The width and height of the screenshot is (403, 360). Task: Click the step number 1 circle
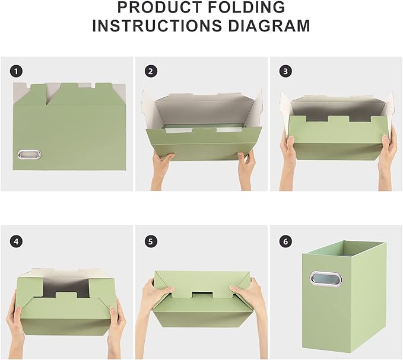click(17, 71)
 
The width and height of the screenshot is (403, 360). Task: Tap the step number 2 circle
click(151, 71)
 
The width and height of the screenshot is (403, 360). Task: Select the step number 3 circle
click(285, 71)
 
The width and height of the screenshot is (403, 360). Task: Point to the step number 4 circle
click(17, 241)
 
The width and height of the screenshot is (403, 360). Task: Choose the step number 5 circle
click(151, 241)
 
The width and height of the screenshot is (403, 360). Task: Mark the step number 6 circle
click(285, 241)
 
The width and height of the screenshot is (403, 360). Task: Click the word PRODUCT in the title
click(160, 7)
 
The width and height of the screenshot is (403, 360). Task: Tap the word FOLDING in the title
click(246, 7)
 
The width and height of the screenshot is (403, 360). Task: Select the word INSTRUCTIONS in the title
click(157, 26)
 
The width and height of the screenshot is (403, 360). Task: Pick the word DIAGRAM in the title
click(269, 26)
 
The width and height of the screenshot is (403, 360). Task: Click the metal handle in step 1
click(29, 154)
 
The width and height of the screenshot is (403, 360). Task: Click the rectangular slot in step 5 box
click(202, 295)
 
